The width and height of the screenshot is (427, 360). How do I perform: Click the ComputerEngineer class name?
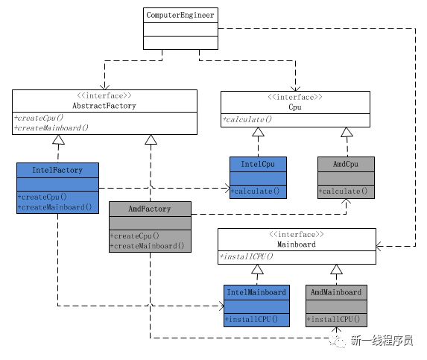tap(180, 15)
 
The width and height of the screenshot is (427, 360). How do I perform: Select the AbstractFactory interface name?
tap(104, 106)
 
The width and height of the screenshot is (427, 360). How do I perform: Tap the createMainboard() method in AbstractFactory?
tap(51, 127)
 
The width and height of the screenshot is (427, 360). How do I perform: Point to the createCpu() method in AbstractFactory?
tap(39, 118)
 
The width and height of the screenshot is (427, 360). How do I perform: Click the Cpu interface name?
tap(295, 107)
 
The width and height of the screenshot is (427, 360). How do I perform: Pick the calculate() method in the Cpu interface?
tap(247, 119)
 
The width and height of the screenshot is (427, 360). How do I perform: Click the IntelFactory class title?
tap(57, 170)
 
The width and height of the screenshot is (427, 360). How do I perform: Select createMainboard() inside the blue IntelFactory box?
tap(54, 207)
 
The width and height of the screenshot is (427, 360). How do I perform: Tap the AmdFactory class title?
tap(150, 209)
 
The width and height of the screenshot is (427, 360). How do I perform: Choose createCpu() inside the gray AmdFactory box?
tap(135, 236)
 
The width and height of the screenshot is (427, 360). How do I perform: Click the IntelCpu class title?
tap(258, 164)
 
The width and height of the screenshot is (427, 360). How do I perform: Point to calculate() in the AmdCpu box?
tap(343, 191)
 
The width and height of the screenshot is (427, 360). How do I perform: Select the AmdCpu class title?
tap(346, 164)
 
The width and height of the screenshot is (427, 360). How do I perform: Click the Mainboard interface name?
tap(297, 244)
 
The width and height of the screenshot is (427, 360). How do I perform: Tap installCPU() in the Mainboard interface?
tap(246, 256)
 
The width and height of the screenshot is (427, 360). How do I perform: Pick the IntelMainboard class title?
tap(256, 292)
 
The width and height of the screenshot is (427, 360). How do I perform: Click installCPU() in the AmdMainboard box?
tap(334, 319)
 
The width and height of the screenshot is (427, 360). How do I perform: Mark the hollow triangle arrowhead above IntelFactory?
tap(58, 139)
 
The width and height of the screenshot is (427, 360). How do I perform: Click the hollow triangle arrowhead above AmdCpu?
tap(347, 132)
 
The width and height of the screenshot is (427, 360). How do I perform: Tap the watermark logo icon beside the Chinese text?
tap(337, 341)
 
